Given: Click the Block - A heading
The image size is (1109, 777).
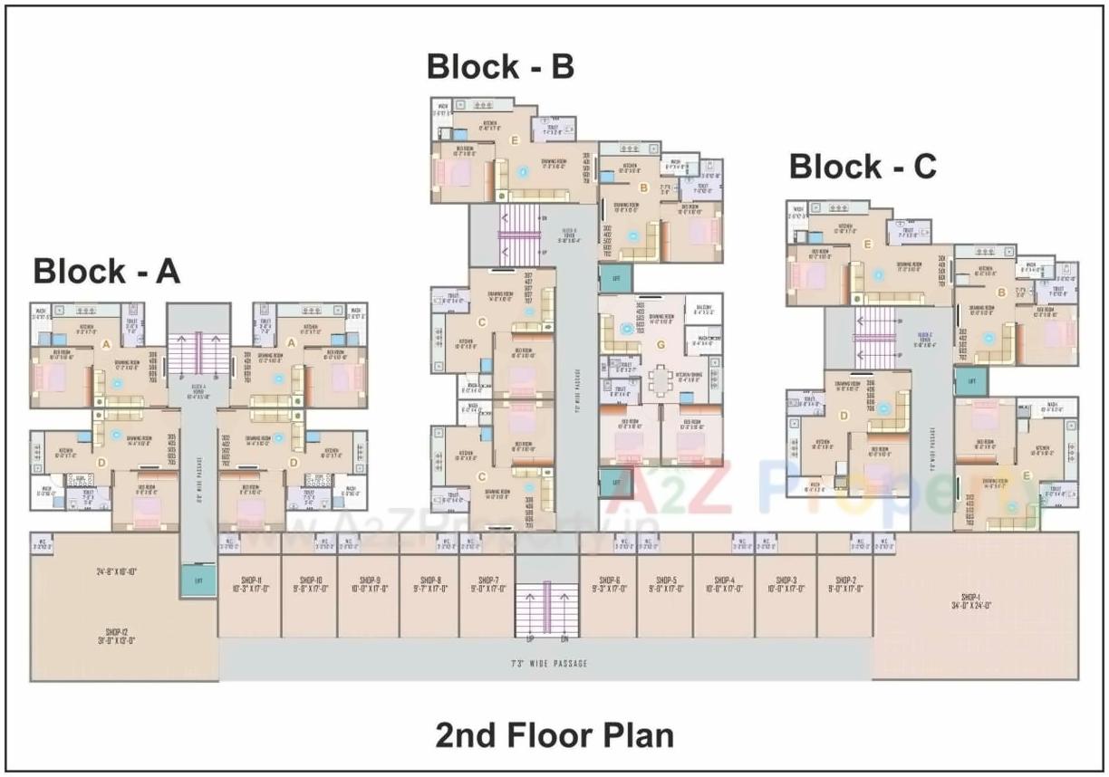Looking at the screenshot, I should pyautogui.click(x=107, y=271).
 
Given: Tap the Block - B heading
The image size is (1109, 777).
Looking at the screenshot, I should pyautogui.click(x=500, y=67).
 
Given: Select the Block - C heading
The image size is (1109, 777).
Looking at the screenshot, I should pyautogui.click(x=863, y=167).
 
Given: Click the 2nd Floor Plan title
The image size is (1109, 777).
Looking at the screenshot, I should pyautogui.click(x=554, y=734).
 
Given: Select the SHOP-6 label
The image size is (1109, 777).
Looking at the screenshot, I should pyautogui.click(x=607, y=580).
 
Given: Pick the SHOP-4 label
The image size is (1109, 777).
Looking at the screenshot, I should pyautogui.click(x=723, y=580).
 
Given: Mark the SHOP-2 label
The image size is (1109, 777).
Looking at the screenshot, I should pyautogui.click(x=845, y=580).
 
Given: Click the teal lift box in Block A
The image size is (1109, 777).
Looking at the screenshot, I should pyautogui.click(x=198, y=580).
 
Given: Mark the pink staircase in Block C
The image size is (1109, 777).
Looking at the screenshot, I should pyautogui.click(x=875, y=337).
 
